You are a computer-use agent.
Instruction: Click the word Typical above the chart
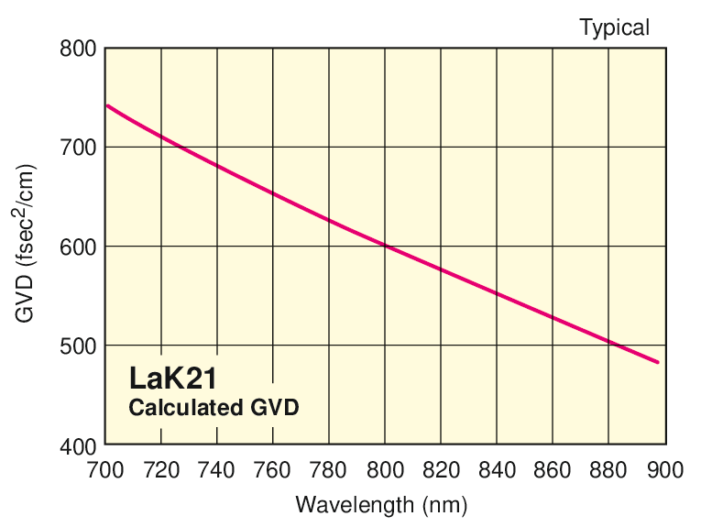click(x=614, y=27)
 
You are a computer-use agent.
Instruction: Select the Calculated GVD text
click(x=214, y=408)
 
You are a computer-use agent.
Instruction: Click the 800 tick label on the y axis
click(x=78, y=48)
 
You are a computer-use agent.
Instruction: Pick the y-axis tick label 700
click(x=78, y=147)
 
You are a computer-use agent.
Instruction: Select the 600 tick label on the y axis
click(x=78, y=247)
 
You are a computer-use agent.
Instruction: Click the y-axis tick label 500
click(x=78, y=346)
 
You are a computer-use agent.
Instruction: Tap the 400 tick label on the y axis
click(x=78, y=446)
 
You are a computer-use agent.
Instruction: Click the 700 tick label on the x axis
click(x=104, y=470)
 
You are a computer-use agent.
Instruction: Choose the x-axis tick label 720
click(x=161, y=470)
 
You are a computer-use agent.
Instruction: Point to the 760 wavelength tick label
click(x=273, y=470)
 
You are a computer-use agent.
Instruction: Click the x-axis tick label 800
click(x=385, y=470)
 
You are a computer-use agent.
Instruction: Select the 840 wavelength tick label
click(x=497, y=470)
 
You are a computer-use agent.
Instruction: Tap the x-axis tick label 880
click(x=608, y=470)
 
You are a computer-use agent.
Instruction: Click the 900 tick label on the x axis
click(x=664, y=470)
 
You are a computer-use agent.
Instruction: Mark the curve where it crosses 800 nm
click(x=385, y=246)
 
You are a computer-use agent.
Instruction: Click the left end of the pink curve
click(x=107, y=105)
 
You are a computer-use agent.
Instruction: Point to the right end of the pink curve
click(x=657, y=362)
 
